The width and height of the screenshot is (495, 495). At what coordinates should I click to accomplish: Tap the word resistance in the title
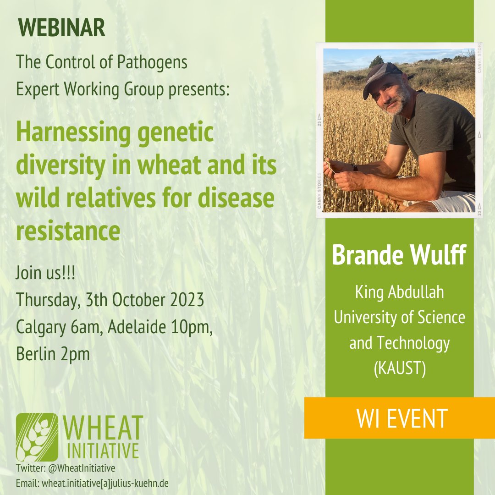68,231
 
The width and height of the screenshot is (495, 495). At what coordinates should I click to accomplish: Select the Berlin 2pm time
53,354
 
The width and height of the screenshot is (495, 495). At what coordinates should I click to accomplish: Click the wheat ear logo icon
37,437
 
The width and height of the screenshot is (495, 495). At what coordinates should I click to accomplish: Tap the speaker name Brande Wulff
399,256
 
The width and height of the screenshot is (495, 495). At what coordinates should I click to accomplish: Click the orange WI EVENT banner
399,418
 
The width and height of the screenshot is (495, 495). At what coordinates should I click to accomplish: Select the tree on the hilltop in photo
376,60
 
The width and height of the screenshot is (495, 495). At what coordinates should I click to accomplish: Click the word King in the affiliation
367,292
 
